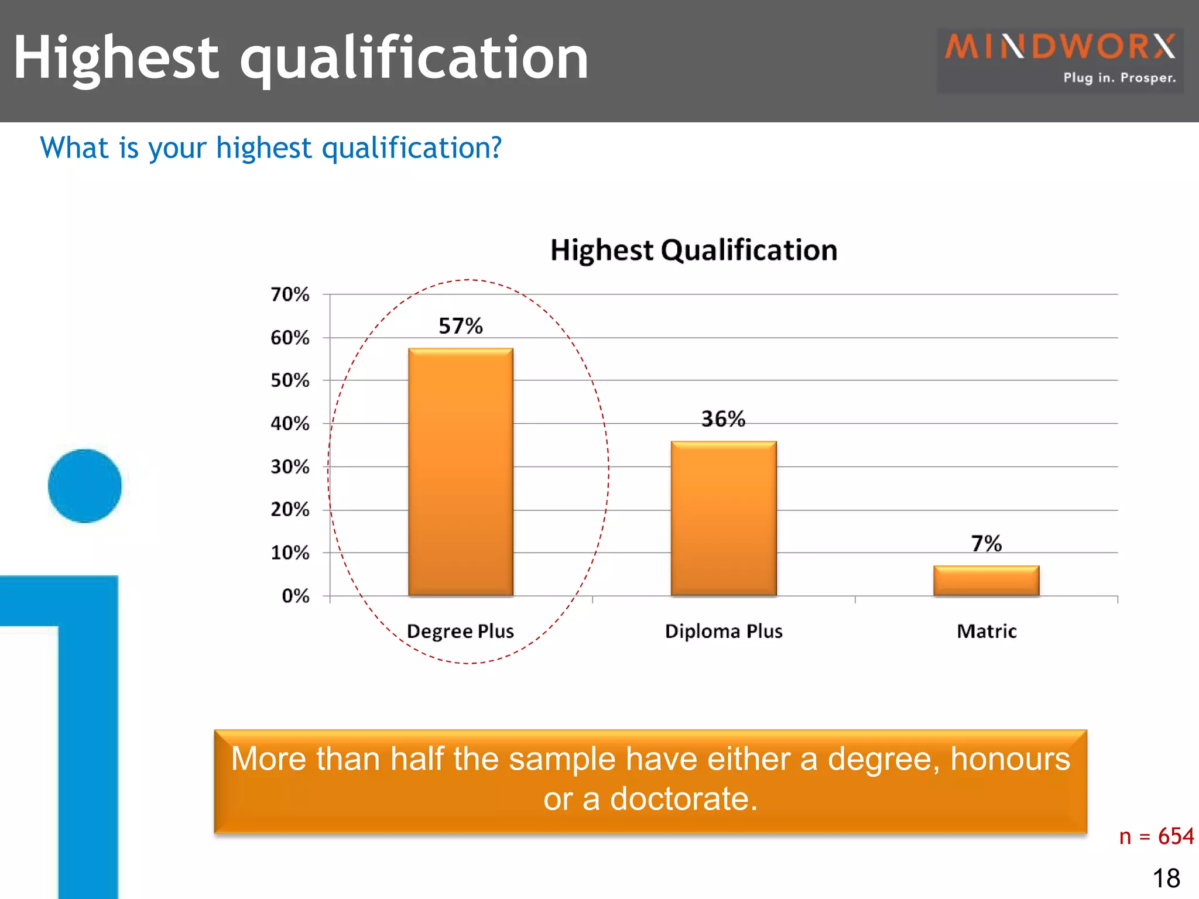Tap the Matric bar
click(986, 581)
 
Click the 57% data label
click(461, 326)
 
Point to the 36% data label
click(723, 419)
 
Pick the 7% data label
click(986, 544)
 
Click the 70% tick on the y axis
click(290, 294)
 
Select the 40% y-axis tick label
click(290, 424)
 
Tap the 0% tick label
click(295, 596)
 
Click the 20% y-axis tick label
click(290, 510)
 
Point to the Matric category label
click(986, 632)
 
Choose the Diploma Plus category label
click(724, 632)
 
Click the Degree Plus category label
click(460, 632)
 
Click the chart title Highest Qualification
click(694, 251)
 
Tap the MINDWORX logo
click(1060, 59)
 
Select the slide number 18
click(1166, 879)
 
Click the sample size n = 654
click(1156, 836)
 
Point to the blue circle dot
click(85, 486)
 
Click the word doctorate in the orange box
click(683, 799)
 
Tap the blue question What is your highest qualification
click(270, 147)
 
